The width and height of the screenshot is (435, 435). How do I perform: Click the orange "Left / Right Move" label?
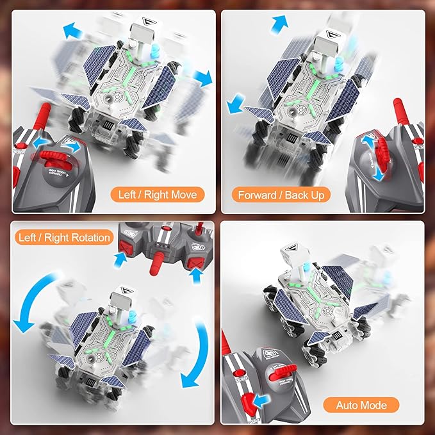pyautogui.click(x=157, y=194)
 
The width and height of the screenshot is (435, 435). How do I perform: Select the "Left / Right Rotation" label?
pyautogui.click(x=64, y=238)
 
